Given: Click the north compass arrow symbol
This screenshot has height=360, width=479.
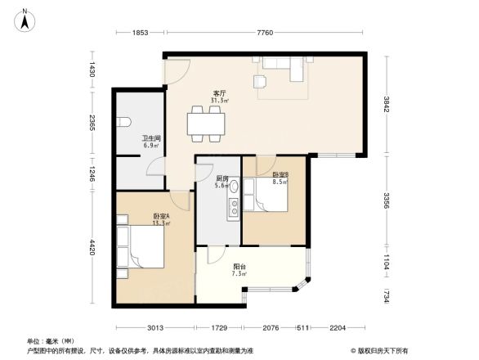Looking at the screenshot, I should [x=25, y=18].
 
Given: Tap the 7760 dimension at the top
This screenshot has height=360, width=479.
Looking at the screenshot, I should [x=265, y=33].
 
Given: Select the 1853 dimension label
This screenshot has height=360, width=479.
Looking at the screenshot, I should [x=140, y=33].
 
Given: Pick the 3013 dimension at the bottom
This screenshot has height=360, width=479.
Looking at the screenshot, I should [x=154, y=328].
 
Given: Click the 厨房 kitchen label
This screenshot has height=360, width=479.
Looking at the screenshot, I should [x=222, y=181].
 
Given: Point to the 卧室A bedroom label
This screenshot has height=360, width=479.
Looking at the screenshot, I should [x=160, y=218].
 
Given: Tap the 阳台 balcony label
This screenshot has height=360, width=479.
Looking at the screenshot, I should [x=239, y=268].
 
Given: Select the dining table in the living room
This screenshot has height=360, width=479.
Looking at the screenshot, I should [x=204, y=124].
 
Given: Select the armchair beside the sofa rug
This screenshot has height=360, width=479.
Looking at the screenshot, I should [x=261, y=80].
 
